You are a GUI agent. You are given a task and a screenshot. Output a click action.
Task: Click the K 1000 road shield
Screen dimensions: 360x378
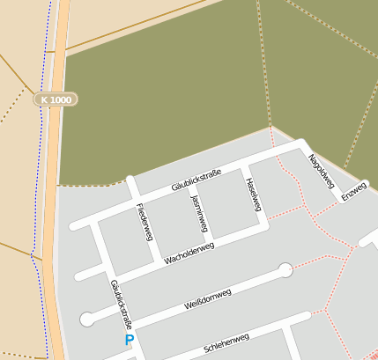(x=56, y=99)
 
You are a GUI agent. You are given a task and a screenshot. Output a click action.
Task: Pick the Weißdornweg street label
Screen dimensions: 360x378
(x=208, y=296)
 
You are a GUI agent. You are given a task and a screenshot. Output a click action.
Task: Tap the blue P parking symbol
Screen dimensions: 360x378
(x=130, y=340)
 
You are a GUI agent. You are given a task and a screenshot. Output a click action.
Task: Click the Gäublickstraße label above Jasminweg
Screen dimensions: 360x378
(x=196, y=181)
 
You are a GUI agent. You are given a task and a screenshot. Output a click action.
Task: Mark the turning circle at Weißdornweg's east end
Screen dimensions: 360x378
(x=285, y=270)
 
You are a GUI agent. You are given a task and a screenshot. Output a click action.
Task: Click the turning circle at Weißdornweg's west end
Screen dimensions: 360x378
(x=86, y=320)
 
